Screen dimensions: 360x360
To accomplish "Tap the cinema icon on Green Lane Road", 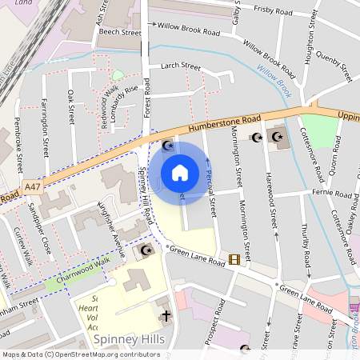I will point(234,258).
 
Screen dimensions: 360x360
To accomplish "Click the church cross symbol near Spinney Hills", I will point(165,316).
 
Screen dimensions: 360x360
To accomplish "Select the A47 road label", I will point(33,186).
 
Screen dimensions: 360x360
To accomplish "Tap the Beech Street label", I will point(119,33).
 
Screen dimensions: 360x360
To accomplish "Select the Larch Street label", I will point(180,66).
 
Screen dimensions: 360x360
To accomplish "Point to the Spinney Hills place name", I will point(129,340).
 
